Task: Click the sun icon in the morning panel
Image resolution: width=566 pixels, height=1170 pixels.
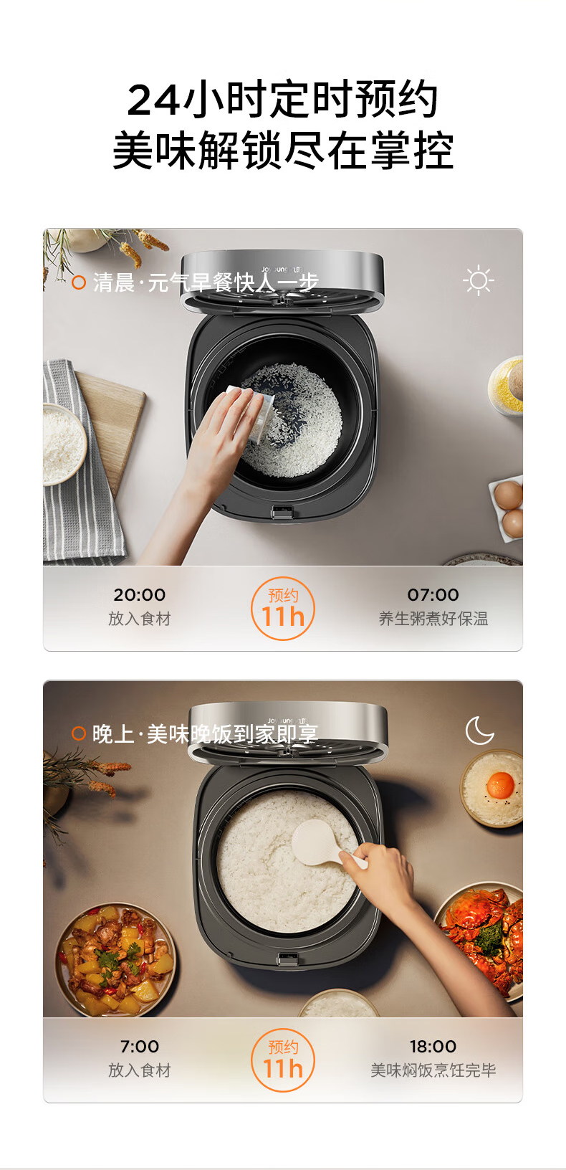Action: [479, 280]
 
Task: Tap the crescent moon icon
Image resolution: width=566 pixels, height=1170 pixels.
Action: [479, 731]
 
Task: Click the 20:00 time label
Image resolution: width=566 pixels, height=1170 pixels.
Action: [140, 594]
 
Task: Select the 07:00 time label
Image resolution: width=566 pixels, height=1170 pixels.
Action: [433, 594]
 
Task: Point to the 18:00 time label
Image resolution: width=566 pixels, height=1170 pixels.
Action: [433, 1046]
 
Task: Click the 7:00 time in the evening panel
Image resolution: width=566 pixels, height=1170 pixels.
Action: [140, 1046]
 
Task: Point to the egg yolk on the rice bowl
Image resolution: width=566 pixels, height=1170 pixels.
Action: [500, 784]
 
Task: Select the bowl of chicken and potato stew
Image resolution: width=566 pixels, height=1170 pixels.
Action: [115, 960]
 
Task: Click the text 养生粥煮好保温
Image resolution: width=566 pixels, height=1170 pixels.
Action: [433, 619]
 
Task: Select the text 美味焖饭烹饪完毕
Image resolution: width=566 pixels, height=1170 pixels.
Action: [433, 1070]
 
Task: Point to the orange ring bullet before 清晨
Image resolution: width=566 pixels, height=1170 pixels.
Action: [78, 282]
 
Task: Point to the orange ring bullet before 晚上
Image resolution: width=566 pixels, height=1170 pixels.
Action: [78, 733]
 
